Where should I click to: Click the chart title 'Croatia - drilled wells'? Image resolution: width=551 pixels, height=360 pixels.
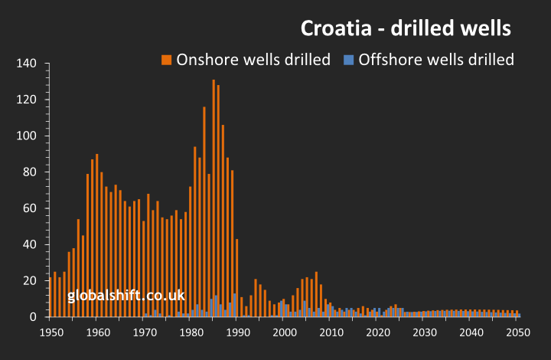coord(405,29)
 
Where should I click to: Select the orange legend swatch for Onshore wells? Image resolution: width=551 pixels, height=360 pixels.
coord(166,60)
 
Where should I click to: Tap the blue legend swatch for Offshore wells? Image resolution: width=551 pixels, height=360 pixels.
coord(348,60)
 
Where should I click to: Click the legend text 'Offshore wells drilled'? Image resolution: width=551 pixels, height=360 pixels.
coord(436,60)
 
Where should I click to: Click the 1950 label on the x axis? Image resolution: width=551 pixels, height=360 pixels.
coord(51,332)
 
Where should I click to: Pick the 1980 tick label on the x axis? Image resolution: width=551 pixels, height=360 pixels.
coord(191,332)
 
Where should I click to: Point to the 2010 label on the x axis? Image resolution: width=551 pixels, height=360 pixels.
coord(331,332)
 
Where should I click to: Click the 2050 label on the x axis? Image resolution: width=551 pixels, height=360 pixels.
coord(518,332)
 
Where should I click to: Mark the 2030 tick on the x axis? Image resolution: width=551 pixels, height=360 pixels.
coord(425,332)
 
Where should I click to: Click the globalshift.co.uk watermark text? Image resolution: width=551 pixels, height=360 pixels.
coord(126,295)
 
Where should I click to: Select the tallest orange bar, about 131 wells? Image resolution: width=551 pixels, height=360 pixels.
coord(214,199)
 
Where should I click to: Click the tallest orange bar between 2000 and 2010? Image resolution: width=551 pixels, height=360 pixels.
coord(316,294)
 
